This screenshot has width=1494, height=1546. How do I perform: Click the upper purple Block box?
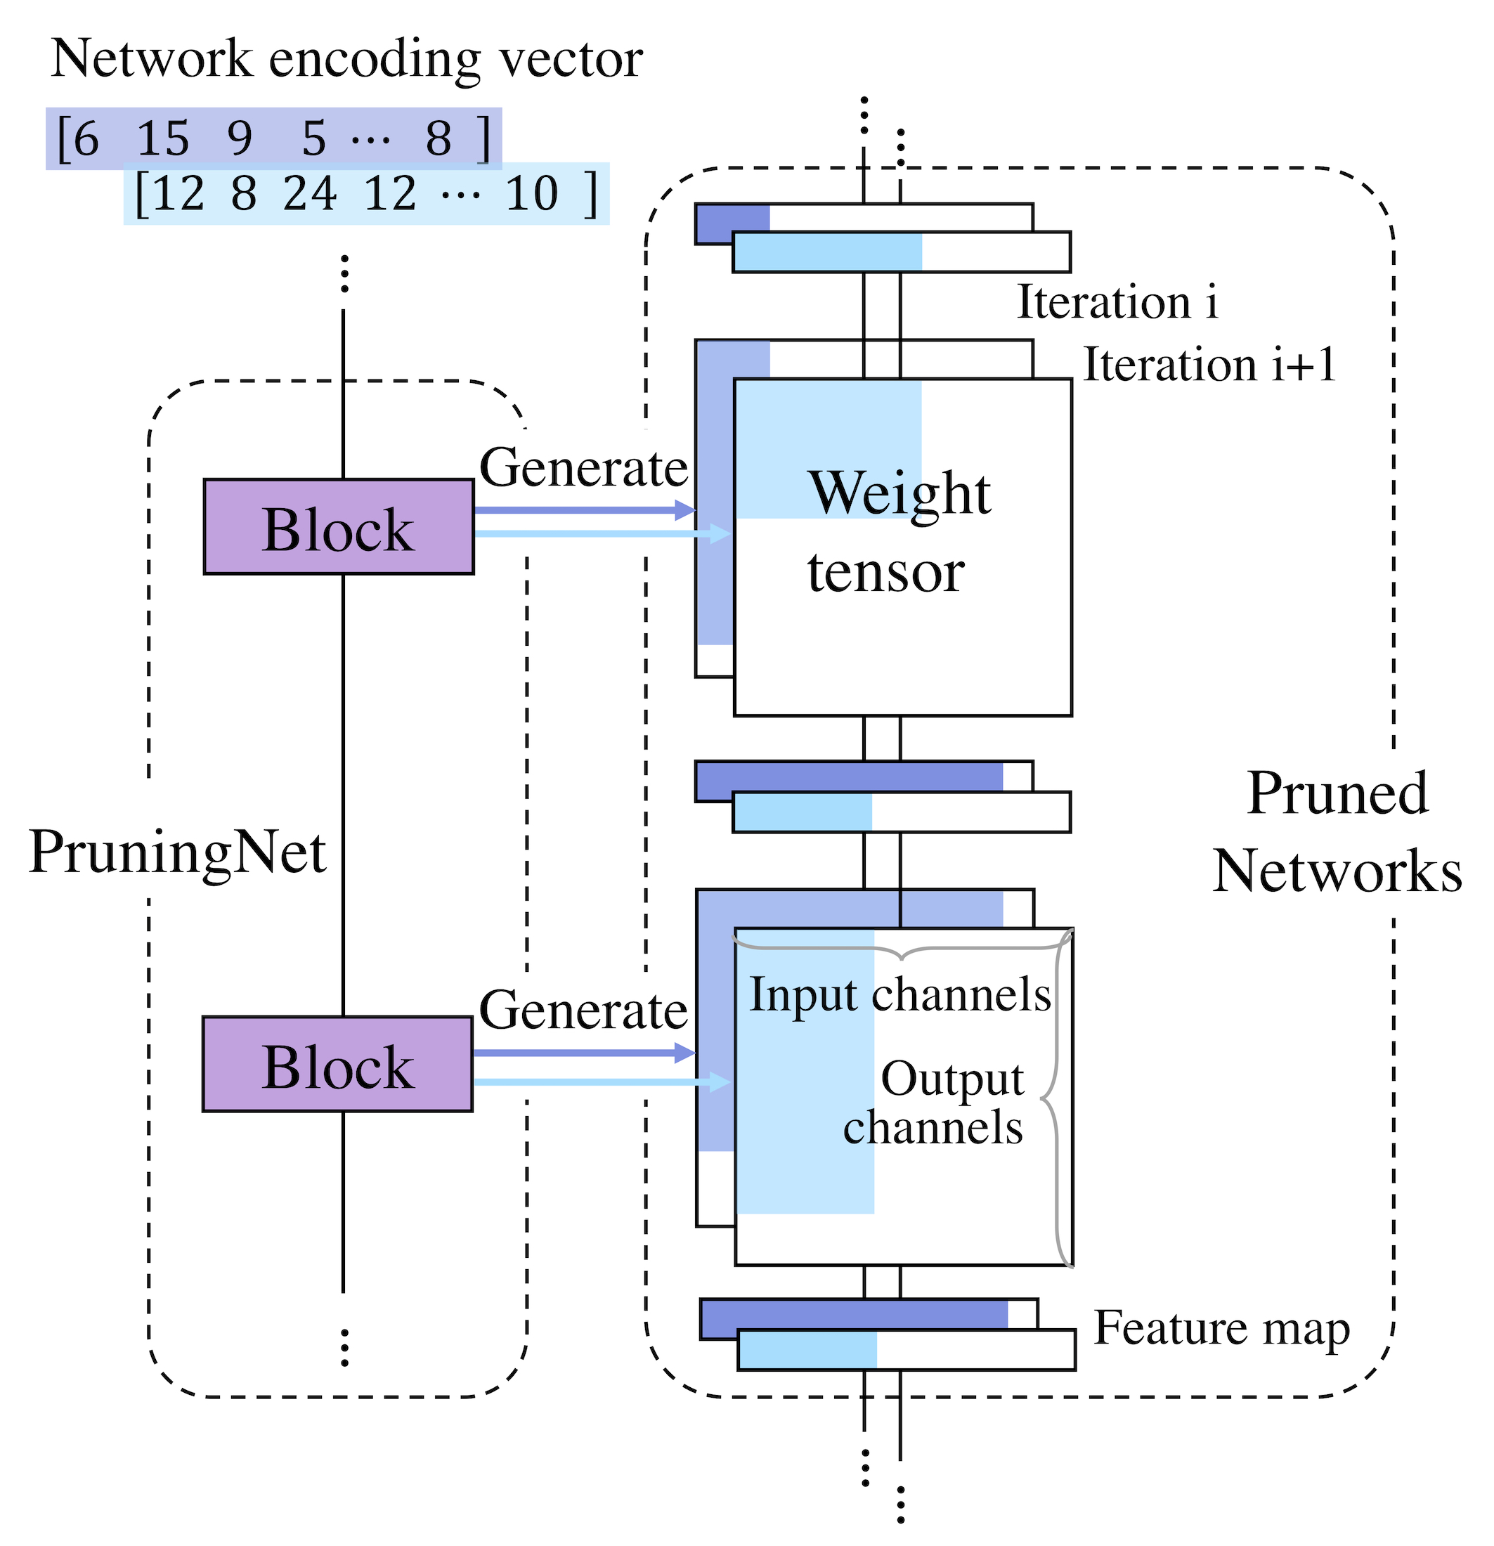[x=339, y=526]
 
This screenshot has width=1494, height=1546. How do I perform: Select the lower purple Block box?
[x=337, y=1064]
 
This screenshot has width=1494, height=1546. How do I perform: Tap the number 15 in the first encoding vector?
[x=162, y=139]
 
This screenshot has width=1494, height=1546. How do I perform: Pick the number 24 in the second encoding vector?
[x=310, y=193]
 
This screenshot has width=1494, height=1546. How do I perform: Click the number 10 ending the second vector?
[x=532, y=193]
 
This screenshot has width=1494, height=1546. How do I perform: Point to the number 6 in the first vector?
[x=85, y=139]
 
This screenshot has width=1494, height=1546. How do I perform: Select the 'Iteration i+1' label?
[x=1209, y=365]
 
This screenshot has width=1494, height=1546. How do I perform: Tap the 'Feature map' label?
[x=1222, y=1329]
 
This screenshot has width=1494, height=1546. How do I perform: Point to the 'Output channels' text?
[x=939, y=1103]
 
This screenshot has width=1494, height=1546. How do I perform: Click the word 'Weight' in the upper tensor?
[x=899, y=493]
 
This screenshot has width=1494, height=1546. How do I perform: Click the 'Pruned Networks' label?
[x=1337, y=832]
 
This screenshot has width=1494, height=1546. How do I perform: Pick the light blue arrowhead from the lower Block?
[x=720, y=1082]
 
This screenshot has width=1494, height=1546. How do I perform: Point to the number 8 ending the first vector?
[x=439, y=139]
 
